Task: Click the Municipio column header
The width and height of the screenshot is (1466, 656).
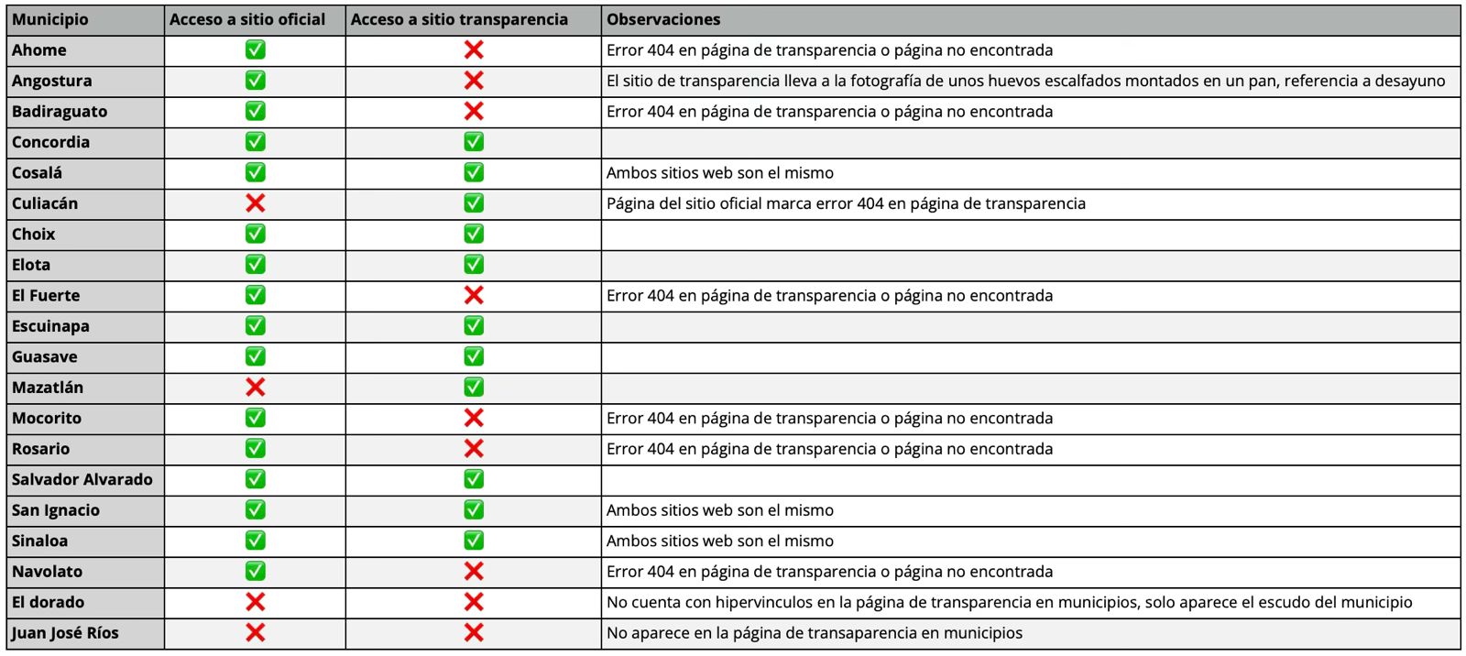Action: point(50,19)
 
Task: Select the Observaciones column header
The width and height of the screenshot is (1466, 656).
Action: point(663,19)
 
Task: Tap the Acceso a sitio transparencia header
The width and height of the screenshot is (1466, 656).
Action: point(459,19)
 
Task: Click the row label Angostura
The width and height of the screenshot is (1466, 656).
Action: point(52,81)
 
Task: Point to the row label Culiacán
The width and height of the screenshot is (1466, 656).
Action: point(45,203)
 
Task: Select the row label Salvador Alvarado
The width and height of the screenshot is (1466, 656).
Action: point(82,479)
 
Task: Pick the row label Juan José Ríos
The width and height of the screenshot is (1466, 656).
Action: point(65,633)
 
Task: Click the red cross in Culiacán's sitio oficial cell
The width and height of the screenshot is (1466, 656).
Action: point(256,203)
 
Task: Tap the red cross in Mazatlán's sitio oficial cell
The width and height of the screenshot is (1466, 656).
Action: point(256,388)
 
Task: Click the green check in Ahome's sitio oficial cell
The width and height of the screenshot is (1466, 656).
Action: point(256,49)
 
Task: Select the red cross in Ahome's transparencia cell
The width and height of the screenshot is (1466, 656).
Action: point(474,49)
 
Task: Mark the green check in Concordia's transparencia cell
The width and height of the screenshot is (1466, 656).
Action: point(474,142)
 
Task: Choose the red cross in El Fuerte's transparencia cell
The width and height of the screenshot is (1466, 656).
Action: point(474,295)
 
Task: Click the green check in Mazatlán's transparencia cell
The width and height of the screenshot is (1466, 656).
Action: point(474,388)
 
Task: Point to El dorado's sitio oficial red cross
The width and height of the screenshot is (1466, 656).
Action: point(256,602)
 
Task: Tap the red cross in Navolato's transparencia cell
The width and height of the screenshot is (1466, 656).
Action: point(474,572)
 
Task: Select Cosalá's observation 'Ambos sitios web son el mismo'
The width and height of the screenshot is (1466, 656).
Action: point(720,173)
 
